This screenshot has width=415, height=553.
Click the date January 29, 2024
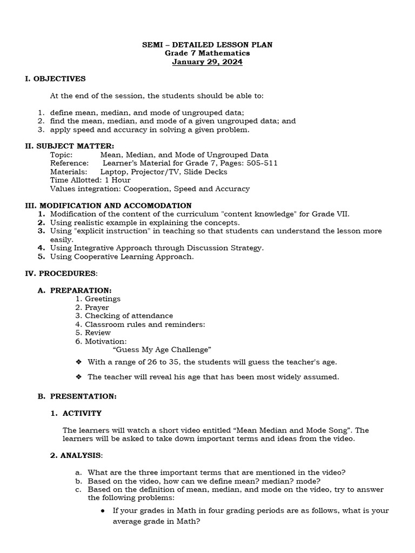click(x=207, y=62)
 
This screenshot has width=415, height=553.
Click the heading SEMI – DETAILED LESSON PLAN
click(x=207, y=45)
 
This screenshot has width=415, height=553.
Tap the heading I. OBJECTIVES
click(x=55, y=79)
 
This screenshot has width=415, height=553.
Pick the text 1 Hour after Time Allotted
click(x=117, y=180)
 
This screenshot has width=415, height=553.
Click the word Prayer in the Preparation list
click(x=97, y=307)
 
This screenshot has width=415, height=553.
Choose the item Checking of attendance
click(x=129, y=316)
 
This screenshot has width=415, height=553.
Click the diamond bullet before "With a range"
click(x=79, y=362)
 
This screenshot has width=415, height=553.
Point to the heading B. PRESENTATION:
click(x=77, y=396)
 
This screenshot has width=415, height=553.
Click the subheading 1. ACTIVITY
click(x=76, y=414)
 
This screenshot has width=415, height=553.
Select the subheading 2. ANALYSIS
click(x=76, y=456)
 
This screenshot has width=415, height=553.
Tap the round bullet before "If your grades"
click(x=103, y=510)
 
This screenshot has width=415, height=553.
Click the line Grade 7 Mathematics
click(x=207, y=53)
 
